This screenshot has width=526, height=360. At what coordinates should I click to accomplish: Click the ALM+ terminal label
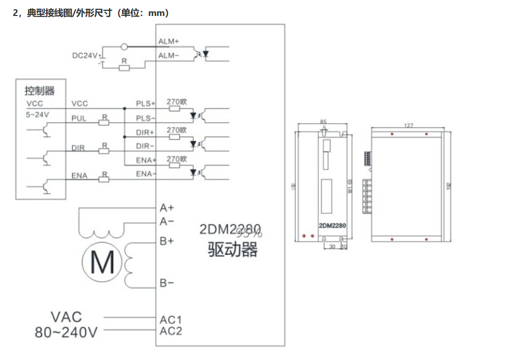click(x=168, y=41)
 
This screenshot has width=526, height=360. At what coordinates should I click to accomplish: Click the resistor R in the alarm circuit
click(x=124, y=67)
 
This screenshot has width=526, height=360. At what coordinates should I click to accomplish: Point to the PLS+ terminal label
click(x=146, y=104)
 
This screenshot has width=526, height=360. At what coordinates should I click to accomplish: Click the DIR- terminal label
click(x=145, y=147)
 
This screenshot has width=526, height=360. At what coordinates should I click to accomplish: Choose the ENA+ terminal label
click(x=146, y=161)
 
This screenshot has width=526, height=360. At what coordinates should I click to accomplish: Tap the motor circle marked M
click(x=102, y=262)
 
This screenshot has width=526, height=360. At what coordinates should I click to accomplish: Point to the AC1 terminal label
click(x=171, y=320)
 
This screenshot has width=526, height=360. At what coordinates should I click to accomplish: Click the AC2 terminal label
click(x=171, y=331)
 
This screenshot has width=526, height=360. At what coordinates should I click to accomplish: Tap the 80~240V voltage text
click(x=66, y=332)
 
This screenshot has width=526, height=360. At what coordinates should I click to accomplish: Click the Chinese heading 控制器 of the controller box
click(x=40, y=91)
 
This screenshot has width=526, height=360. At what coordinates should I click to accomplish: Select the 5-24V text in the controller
click(x=38, y=115)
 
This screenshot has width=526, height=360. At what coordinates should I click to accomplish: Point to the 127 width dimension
click(x=409, y=125)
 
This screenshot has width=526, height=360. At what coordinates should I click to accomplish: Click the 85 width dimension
click(x=324, y=122)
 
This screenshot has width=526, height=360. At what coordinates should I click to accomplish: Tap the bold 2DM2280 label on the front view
click(x=332, y=225)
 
